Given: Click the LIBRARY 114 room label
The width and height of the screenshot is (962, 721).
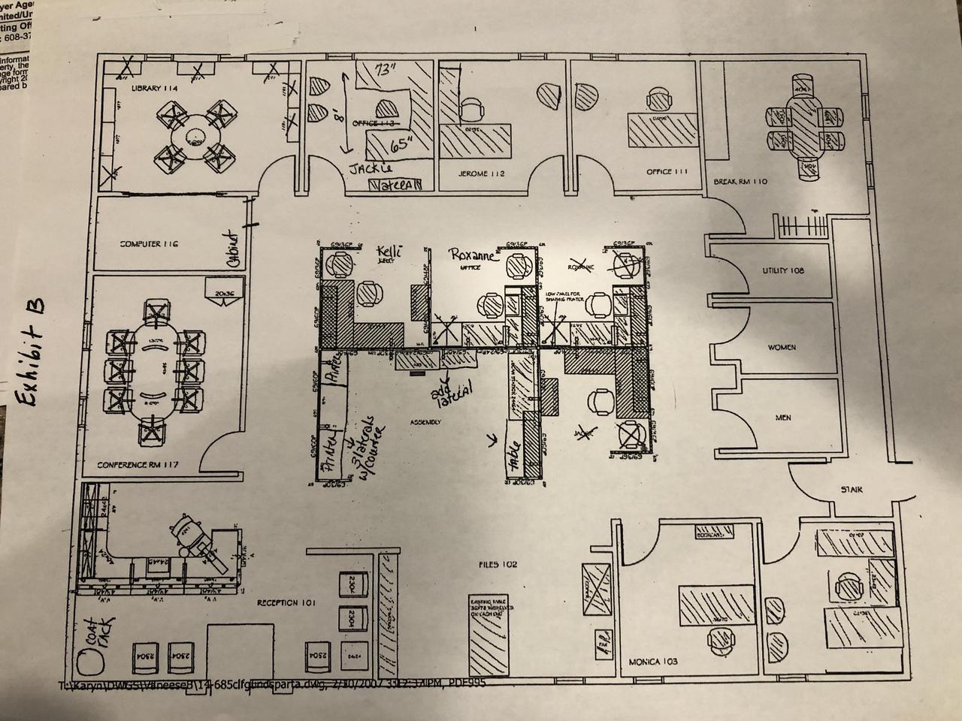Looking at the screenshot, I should [154, 89].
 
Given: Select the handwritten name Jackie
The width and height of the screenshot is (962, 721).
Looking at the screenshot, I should [373, 169].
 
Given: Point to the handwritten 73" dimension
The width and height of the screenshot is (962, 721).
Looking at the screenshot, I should [386, 71].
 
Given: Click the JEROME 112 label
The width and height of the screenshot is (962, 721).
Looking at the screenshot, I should [481, 174].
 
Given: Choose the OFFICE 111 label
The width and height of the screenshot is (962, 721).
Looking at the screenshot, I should [667, 172].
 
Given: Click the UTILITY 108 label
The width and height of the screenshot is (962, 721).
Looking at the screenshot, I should [782, 270].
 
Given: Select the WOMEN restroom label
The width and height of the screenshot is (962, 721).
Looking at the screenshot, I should [782, 348].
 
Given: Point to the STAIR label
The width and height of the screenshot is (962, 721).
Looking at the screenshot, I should [852, 490].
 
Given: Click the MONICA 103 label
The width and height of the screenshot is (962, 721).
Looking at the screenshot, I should [652, 662].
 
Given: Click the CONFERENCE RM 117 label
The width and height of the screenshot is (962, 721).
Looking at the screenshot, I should [137, 466].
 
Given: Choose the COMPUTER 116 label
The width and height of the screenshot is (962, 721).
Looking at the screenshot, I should [149, 244].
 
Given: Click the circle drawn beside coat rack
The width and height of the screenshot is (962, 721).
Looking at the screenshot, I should [91, 663].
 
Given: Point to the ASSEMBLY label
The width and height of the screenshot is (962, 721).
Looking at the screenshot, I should [425, 422].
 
